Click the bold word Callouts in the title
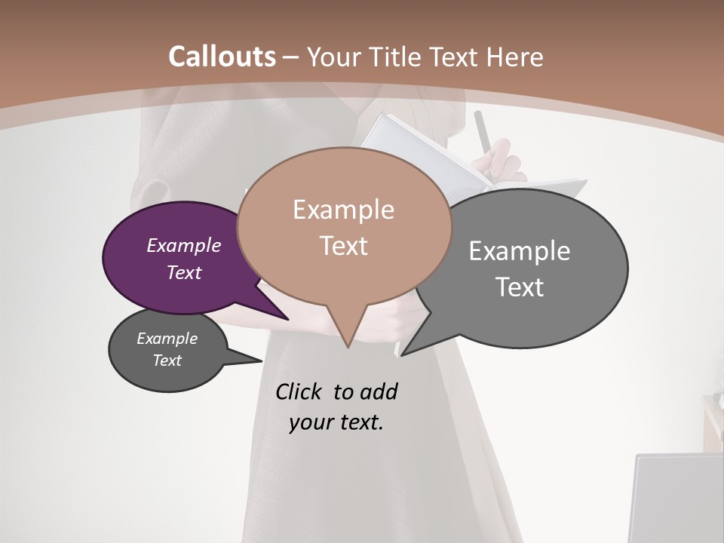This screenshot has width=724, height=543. (x=222, y=57)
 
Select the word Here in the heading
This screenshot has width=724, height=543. (x=515, y=57)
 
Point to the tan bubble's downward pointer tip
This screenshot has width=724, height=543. (x=348, y=346)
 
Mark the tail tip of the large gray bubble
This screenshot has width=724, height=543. (x=403, y=354)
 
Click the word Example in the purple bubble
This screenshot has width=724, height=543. (x=184, y=245)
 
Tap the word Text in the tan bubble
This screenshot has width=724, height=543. (x=344, y=246)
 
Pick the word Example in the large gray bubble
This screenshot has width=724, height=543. (x=520, y=251)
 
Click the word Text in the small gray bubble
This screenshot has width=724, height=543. (x=167, y=360)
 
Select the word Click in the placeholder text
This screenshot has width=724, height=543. (x=299, y=391)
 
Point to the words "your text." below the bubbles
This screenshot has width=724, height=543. (x=336, y=422)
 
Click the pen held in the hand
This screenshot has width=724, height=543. (x=483, y=136)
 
